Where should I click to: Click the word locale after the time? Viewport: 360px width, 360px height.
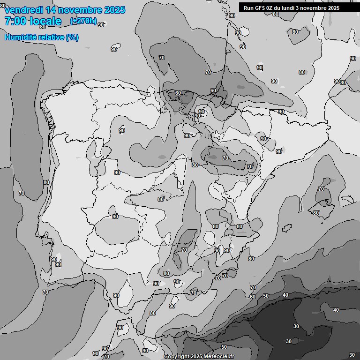[x=46, y=21]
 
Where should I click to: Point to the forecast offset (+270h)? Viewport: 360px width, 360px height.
[x=83, y=21]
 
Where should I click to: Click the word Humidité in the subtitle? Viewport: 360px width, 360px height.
[x=21, y=37]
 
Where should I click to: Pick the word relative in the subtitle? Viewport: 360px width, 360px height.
[x=51, y=37]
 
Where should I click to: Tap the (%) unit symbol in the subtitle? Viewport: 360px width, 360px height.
[x=72, y=37]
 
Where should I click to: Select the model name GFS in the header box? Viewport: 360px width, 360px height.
[x=260, y=8]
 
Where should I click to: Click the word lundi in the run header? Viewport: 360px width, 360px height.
[x=290, y=8]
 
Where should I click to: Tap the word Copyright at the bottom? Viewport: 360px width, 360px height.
[x=176, y=357]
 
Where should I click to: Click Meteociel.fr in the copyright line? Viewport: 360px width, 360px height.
[x=218, y=357]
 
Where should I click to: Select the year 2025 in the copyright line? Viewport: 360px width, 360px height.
[x=196, y=357]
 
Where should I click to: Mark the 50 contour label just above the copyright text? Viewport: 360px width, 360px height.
[x=224, y=347]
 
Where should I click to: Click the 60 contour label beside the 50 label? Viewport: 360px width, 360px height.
[x=253, y=297]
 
